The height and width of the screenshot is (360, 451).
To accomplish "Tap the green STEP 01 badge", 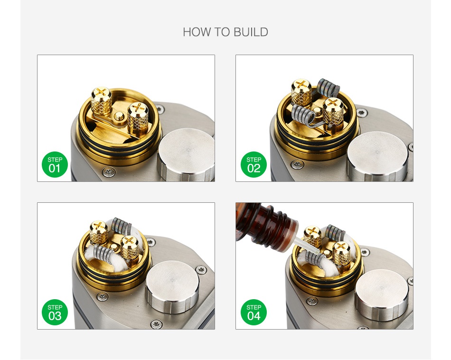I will click(55, 164).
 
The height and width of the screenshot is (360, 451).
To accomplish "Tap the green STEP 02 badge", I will click(254, 164).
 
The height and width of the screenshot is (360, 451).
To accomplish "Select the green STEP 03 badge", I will click(55, 312).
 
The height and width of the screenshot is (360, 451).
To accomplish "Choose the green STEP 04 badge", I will click(254, 312).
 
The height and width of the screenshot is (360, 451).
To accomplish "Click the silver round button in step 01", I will click(186, 156).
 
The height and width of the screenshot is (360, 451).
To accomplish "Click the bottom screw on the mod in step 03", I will click(156, 324).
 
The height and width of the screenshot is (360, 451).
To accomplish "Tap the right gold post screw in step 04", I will click(341, 252).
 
